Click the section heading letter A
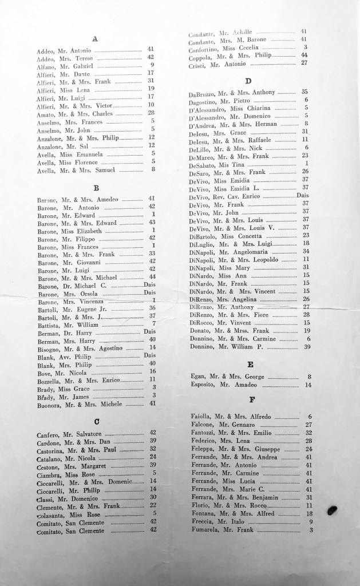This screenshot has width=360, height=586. [x=95, y=39]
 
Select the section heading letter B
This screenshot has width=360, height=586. [x=96, y=187]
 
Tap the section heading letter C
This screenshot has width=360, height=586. [x=96, y=422]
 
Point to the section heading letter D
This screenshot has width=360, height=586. [x=248, y=80]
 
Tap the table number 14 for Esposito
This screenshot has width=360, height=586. [x=307, y=385]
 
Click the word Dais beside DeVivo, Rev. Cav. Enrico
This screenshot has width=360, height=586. [x=303, y=196]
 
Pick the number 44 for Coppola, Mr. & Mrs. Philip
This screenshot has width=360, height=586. [x=304, y=56]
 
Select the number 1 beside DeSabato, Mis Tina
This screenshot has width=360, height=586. [x=307, y=163]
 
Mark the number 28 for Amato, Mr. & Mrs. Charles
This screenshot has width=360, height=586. [x=151, y=113]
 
